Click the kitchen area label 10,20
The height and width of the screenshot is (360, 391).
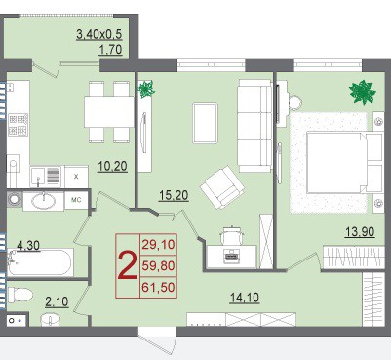112,167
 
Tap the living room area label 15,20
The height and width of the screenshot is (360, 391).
174,195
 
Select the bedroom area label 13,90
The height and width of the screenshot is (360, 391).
360,232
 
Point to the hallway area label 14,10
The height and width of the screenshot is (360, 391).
245,298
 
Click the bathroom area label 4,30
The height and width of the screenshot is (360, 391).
28,246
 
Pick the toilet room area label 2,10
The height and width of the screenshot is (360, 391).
57,302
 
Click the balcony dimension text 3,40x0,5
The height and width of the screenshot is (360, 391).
99,34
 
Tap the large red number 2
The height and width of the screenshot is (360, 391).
127,266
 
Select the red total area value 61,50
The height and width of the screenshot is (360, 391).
159,288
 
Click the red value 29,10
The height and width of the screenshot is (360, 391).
159,244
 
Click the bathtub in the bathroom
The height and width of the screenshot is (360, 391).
40,262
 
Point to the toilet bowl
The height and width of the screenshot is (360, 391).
20,295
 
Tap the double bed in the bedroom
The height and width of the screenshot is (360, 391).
344,163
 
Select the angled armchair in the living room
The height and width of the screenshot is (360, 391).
222,186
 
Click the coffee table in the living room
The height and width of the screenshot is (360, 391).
205,123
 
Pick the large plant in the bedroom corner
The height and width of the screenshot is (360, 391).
363,93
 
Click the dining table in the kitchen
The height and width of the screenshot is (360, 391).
109,111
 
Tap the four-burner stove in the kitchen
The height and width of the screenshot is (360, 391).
19,125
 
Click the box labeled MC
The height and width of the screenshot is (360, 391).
76,200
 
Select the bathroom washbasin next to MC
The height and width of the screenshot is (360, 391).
43,201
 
